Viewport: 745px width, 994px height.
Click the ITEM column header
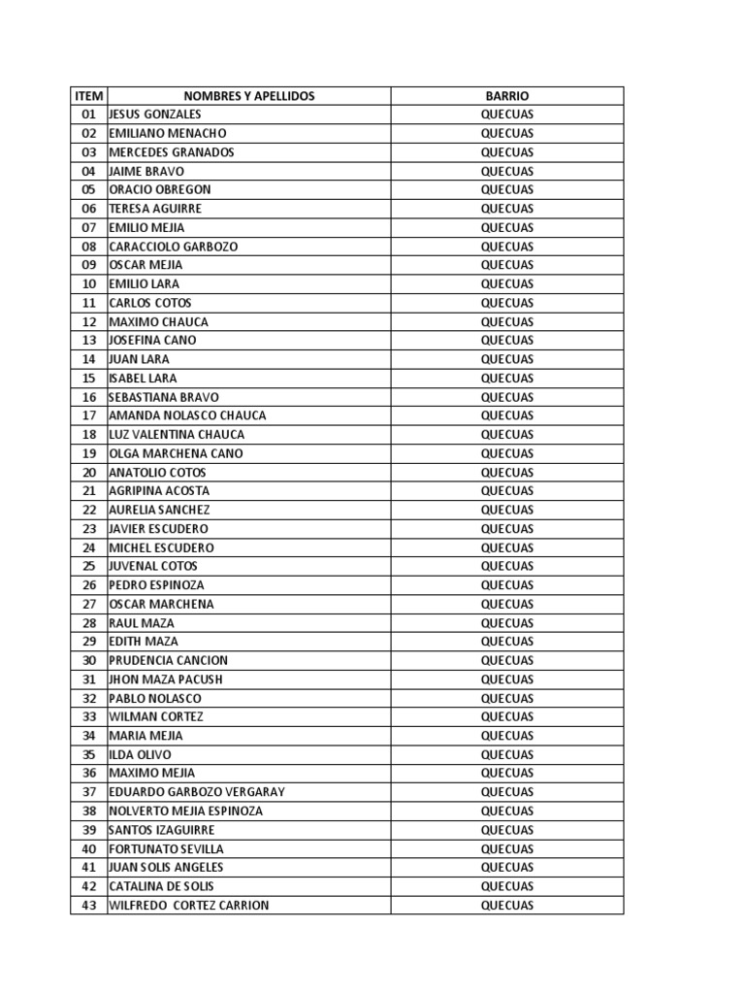88,96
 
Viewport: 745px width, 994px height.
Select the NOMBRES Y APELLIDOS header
249,96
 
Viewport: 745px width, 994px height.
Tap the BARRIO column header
506,96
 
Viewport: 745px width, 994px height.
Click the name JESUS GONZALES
155,115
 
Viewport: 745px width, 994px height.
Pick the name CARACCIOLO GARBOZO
173,247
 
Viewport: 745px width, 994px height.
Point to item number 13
88,341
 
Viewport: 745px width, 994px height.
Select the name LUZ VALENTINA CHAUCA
177,435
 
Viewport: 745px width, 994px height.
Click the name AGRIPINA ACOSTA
159,491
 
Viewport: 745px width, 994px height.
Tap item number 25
88,566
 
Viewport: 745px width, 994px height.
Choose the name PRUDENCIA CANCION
167,660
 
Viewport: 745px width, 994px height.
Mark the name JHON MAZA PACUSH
166,679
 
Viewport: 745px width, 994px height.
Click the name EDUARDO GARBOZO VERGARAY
197,792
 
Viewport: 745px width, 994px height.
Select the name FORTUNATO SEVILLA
166,849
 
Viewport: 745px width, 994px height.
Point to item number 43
88,906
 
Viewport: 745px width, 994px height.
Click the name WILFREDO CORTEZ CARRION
189,906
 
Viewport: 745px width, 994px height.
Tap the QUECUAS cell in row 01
506,115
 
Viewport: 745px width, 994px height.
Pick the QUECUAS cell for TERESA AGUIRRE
506,209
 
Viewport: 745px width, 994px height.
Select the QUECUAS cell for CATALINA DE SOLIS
506,886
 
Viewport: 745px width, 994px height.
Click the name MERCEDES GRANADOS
172,152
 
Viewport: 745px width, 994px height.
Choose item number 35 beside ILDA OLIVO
88,754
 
